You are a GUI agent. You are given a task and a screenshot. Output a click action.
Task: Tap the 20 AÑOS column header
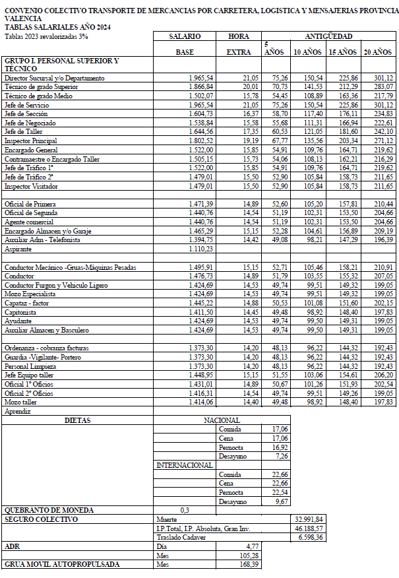click(x=378, y=51)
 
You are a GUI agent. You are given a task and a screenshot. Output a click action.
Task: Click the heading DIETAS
click(x=78, y=420)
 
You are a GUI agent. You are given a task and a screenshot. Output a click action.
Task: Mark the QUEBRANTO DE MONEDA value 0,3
click(x=185, y=510)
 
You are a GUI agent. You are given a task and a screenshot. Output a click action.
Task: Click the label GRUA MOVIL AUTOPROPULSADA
click(x=62, y=565)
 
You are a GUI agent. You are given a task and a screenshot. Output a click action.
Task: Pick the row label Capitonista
click(x=22, y=311)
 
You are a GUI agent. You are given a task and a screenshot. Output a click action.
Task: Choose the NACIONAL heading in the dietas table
click(x=221, y=420)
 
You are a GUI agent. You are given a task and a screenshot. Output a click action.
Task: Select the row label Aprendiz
click(x=18, y=411)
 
